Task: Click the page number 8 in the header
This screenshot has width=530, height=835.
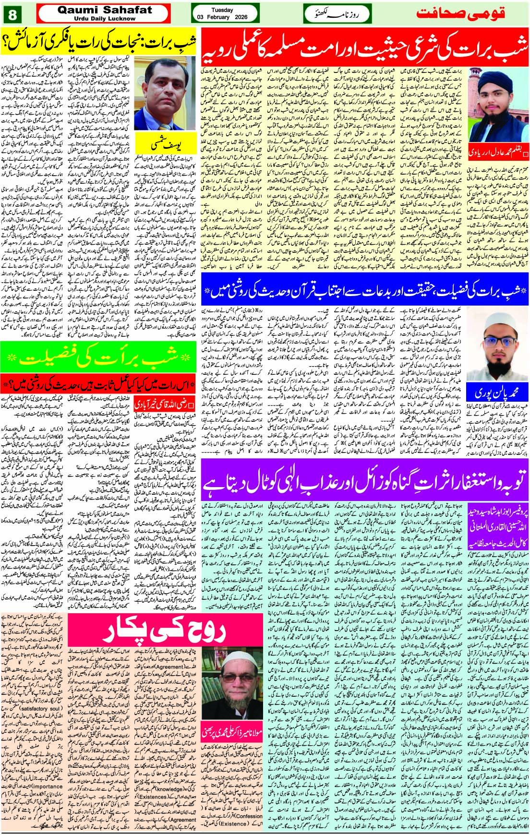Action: point(12,14)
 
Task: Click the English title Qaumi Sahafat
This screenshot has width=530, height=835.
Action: point(104,10)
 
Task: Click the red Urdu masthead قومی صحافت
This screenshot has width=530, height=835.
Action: point(461,13)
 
